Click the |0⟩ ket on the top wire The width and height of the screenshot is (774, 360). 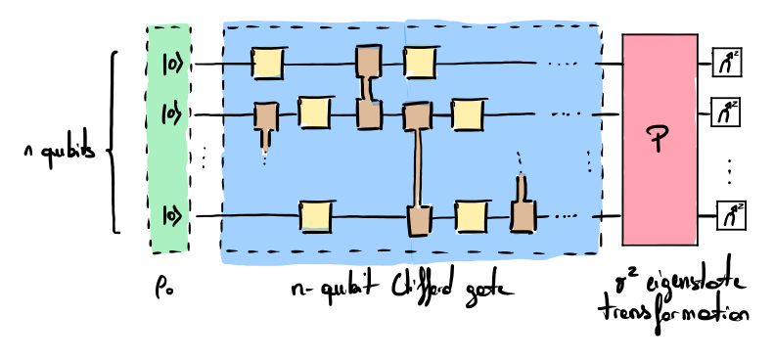pos(172,64)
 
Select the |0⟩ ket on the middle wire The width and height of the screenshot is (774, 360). pos(171,114)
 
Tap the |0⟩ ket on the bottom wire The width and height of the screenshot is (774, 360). pos(172,214)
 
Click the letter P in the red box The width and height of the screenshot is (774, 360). pos(658,138)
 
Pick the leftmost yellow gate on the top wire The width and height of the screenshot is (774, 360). pos(267,64)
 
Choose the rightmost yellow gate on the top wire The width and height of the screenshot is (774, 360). pos(420,62)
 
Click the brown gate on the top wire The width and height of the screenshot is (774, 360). pos(368,61)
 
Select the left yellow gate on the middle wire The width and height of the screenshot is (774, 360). pos(314,112)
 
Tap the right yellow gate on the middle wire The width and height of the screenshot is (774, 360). pos(468,114)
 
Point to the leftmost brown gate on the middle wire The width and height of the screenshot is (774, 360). pos(265,115)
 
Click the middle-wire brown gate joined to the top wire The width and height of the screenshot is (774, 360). pos(369,114)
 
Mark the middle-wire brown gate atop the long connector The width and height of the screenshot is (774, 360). pos(417,116)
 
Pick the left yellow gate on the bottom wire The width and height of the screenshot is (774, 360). pos(315,216)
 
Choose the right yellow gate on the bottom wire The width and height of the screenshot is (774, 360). pos(471,216)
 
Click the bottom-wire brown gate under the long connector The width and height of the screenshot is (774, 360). pos(419,220)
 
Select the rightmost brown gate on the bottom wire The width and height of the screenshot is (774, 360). pos(523,216)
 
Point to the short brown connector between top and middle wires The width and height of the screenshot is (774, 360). pos(367,88)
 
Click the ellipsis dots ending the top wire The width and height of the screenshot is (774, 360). pos(563,64)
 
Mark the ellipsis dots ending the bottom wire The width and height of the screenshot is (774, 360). pos(566,216)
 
